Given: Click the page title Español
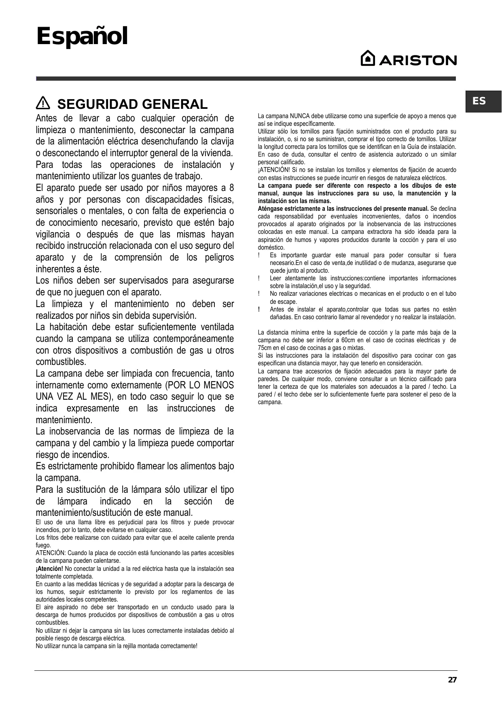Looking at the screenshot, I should (x=82, y=37).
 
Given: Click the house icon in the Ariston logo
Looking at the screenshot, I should (x=368, y=59).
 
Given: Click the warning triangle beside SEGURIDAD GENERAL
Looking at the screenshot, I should (x=42, y=104).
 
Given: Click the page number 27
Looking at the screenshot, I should (x=452, y=680).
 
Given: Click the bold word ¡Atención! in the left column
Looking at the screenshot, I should (x=49, y=569).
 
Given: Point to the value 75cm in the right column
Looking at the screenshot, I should (x=265, y=348).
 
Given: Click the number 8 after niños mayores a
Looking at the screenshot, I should (x=231, y=188).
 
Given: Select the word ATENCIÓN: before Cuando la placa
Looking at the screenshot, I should (x=50, y=553).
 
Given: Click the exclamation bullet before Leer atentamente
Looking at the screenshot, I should (x=259, y=278).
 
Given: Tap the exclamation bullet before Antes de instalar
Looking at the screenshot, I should (x=259, y=309).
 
